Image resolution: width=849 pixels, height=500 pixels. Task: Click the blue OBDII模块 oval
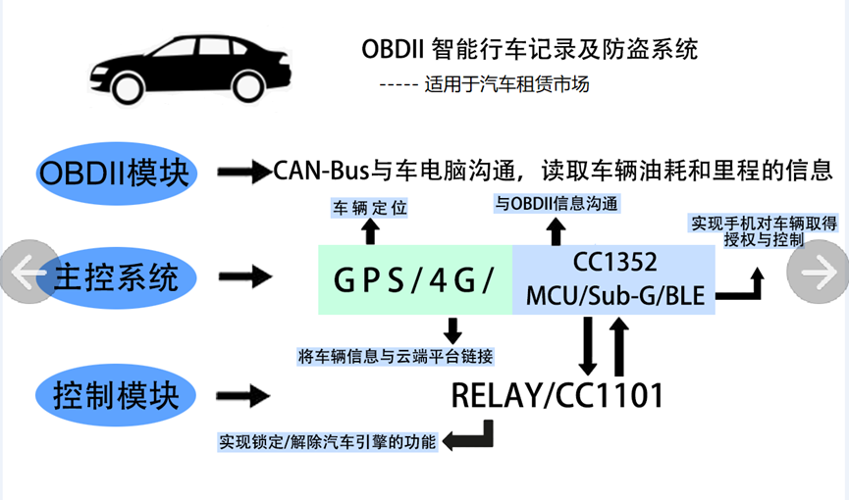(117, 174)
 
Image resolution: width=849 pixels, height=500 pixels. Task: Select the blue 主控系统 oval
(117, 277)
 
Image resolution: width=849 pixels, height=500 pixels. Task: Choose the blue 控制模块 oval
(116, 395)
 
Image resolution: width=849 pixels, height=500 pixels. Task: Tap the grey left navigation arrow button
(28, 272)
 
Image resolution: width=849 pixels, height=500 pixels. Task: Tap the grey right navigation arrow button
(819, 272)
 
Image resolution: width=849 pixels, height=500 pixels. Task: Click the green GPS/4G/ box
(415, 279)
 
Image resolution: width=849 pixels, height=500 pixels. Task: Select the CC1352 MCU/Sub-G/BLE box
(614, 279)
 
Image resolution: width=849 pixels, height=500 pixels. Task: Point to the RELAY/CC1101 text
(557, 395)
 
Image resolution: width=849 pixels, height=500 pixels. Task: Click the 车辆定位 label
(369, 208)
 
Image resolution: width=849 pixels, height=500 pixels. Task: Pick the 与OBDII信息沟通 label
(557, 204)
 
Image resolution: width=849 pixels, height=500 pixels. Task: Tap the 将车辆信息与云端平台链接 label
(396, 357)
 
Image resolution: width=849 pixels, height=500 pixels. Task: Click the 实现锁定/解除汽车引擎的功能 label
(327, 442)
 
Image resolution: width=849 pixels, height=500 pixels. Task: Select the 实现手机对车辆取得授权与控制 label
(764, 231)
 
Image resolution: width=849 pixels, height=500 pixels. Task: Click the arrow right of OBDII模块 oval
(244, 173)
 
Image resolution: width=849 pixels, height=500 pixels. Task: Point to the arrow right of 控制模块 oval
(243, 396)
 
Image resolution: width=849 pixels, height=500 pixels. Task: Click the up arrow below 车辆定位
(370, 231)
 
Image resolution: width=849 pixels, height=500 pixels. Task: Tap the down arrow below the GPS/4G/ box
(452, 330)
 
